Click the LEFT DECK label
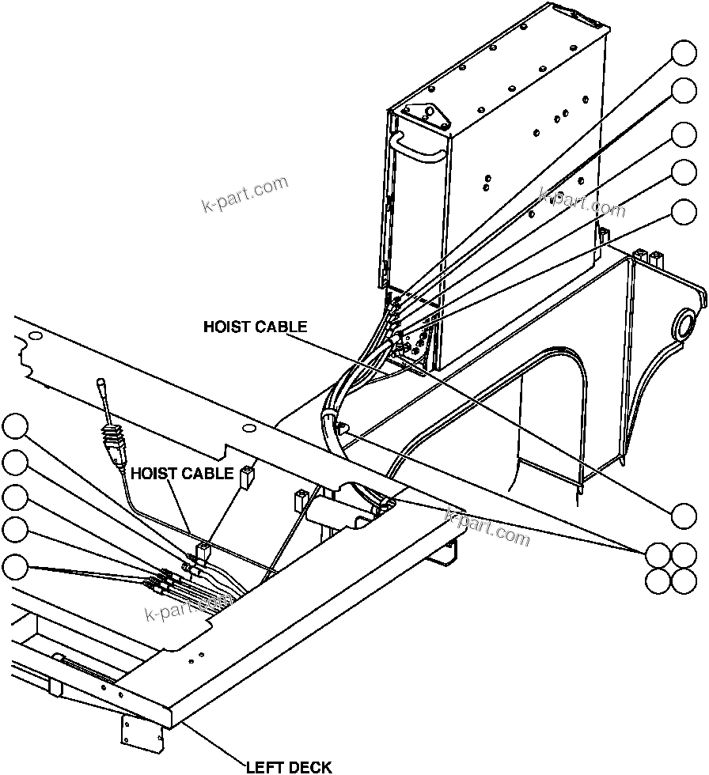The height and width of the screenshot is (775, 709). tap(289, 766)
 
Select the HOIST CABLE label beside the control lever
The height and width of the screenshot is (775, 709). tap(182, 474)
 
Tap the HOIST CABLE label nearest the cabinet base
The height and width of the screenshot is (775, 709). tap(255, 327)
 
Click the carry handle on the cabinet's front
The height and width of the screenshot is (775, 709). tap(417, 147)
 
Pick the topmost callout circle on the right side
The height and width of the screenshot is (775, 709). tap(684, 53)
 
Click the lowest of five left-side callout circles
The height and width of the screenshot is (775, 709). tap(15, 567)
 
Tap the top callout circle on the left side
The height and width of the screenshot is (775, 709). tap(15, 426)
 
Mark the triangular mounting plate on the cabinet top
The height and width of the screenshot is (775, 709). tap(427, 118)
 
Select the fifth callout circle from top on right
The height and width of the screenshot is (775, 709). tap(684, 211)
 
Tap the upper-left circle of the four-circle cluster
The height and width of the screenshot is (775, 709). tap(658, 554)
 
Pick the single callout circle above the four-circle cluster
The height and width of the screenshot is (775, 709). tap(684, 515)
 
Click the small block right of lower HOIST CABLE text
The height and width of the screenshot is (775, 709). tap(246, 474)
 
